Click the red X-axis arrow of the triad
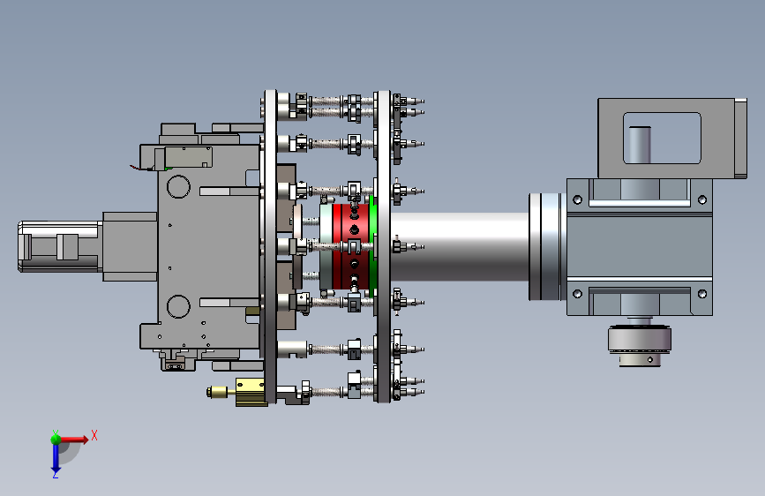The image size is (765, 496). coord(73,440)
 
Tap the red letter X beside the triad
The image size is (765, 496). coord(94,435)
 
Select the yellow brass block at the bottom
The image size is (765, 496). coord(251,392)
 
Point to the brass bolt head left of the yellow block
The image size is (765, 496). coord(217,392)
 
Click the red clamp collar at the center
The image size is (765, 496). coord(352,246)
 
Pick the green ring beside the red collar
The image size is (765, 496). coord(373,246)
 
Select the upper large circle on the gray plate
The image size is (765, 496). coord(178,186)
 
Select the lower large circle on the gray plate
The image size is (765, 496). coord(178,306)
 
